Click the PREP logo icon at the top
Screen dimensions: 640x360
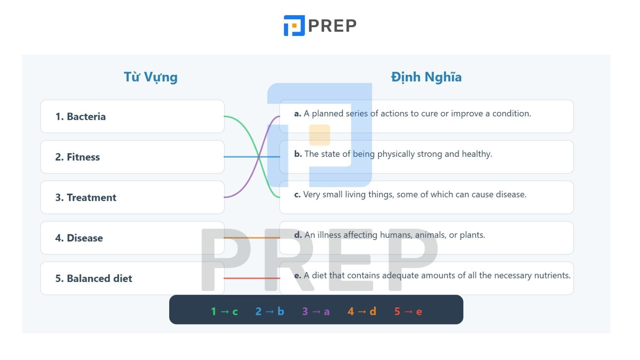click(294, 26)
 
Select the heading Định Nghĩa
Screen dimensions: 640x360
click(426, 77)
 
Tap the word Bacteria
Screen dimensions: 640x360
click(86, 116)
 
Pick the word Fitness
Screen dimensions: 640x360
click(83, 157)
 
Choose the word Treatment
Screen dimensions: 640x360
click(92, 198)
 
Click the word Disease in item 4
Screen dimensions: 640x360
click(85, 238)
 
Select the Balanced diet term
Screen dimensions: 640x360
click(100, 278)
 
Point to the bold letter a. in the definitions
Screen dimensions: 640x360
click(298, 114)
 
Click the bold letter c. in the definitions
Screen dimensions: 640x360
click(298, 194)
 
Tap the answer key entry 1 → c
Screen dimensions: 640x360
click(224, 312)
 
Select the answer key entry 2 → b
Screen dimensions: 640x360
click(270, 312)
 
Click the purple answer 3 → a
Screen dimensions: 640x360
click(316, 312)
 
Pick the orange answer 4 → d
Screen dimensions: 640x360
click(362, 312)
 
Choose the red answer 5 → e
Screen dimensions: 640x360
click(408, 312)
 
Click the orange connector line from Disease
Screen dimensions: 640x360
click(252, 238)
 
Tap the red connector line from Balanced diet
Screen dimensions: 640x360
click(252, 278)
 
